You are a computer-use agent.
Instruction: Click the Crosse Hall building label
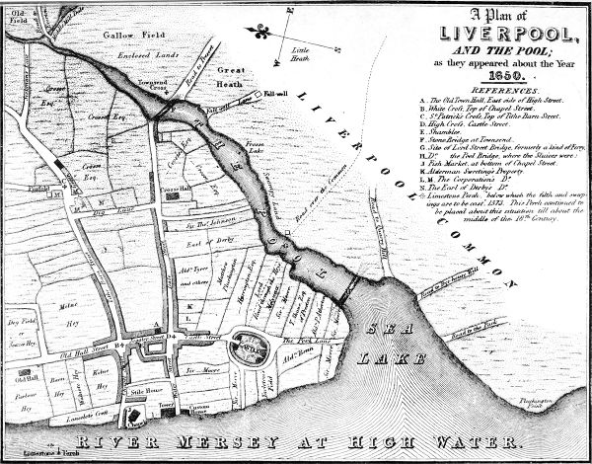[x=176, y=187]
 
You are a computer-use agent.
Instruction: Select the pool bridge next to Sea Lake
[x=344, y=287]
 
